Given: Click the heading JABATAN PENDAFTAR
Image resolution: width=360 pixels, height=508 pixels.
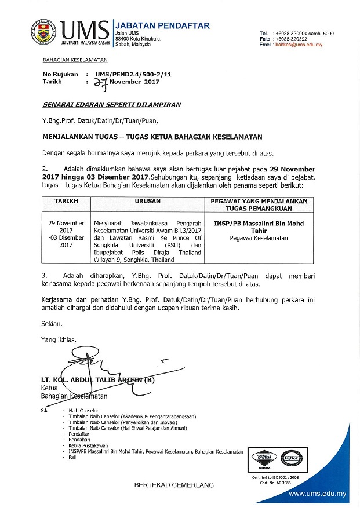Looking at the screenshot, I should point(162,25).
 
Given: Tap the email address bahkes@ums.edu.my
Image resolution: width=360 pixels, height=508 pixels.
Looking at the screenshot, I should point(299,45).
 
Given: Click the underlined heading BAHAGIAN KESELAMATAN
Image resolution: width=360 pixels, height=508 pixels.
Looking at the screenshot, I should point(75,60).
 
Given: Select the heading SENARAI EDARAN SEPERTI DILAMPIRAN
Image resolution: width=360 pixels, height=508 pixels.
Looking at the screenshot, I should point(111,105).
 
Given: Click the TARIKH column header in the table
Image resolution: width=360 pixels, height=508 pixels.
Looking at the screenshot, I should point(66,200).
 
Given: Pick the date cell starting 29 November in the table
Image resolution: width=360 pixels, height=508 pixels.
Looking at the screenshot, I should point(66,234).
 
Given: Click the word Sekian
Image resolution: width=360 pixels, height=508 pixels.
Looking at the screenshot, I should point(52,325).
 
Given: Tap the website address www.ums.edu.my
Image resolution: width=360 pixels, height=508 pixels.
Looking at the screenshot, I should point(317,494).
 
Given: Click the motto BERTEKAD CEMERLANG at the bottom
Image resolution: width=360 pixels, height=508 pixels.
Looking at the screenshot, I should point(174,484).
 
